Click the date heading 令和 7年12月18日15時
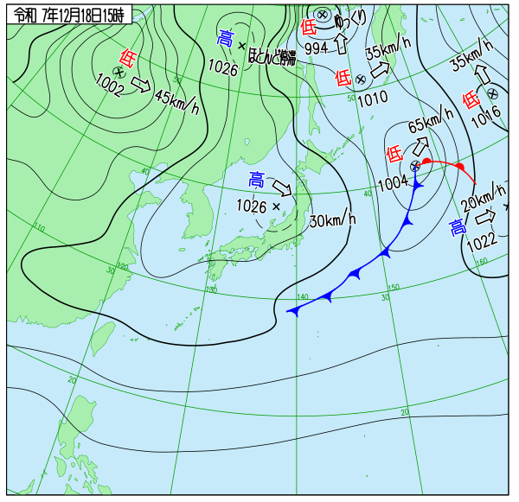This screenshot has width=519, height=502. tap(68, 15)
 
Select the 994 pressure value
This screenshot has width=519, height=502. tap(316, 48)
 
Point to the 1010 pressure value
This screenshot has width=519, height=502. tap(372, 98)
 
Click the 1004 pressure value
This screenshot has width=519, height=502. tap(393, 182)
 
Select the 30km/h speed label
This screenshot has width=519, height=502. tap(332, 219)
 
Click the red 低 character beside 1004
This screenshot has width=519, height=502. tap(394, 154)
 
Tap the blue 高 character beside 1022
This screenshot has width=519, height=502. tap(457, 227)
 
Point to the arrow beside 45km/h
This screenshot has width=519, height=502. tap(141, 86)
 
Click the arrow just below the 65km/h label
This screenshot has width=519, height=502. tap(423, 146)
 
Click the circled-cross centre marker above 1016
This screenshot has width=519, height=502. tap(492, 93)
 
